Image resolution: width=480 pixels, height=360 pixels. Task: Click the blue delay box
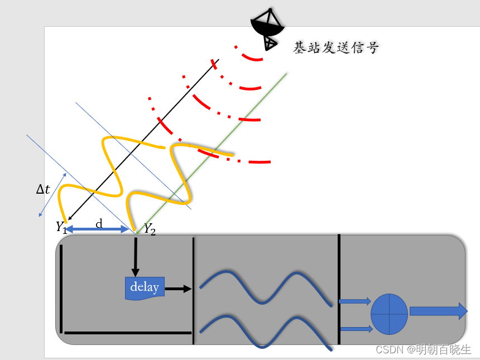[x=145, y=287]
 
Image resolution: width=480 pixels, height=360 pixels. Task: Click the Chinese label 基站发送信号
[x=336, y=48]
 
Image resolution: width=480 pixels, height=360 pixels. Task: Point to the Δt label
[x=43, y=189]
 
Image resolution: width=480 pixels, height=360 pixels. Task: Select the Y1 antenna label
[x=61, y=227]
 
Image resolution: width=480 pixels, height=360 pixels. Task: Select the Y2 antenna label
[x=150, y=228]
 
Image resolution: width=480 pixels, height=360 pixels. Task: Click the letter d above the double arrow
[x=99, y=223]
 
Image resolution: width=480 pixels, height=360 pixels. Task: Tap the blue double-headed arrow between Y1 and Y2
[x=98, y=229]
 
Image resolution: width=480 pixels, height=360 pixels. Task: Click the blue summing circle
[x=389, y=314]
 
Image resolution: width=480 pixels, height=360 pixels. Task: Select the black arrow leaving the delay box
[x=178, y=289]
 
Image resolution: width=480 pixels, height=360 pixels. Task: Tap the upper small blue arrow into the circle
[x=354, y=301]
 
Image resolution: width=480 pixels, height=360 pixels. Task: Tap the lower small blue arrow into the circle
[x=356, y=329]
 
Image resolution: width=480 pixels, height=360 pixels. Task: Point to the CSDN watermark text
[x=423, y=349]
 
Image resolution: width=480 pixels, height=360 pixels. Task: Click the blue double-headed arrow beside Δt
[x=52, y=194]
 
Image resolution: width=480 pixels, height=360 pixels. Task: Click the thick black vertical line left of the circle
[x=339, y=289]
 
